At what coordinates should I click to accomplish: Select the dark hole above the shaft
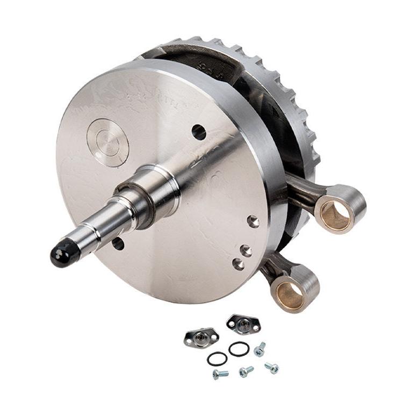pos(199,132)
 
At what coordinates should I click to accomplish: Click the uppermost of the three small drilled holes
pos(253,221)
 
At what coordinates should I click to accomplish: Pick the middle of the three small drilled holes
pos(246,250)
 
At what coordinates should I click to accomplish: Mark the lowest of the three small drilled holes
pos(238,264)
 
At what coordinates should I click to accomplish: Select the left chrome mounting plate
pos(200,337)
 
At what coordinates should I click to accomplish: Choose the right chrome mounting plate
pos(242,323)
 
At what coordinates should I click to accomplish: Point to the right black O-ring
pos(238,349)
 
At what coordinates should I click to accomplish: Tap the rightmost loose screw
pos(272,368)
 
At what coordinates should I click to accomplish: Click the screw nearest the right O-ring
pos(260,350)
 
